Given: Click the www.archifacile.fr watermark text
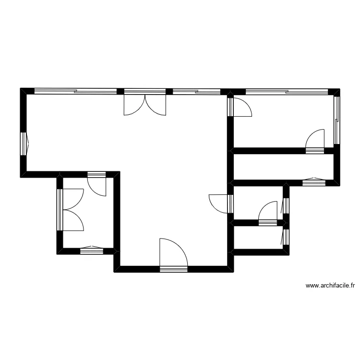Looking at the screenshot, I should click(330, 286).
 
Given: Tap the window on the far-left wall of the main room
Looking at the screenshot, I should click(24, 143).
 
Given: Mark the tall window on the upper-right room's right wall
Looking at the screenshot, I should click(336, 120).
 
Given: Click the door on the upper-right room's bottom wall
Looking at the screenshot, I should click(315, 142).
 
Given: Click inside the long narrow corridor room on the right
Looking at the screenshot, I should click(283, 167).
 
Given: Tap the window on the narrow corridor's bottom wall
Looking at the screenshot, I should click(314, 182).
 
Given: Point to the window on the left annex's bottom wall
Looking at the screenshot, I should click(91, 250).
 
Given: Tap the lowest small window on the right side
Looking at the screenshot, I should click(286, 236).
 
